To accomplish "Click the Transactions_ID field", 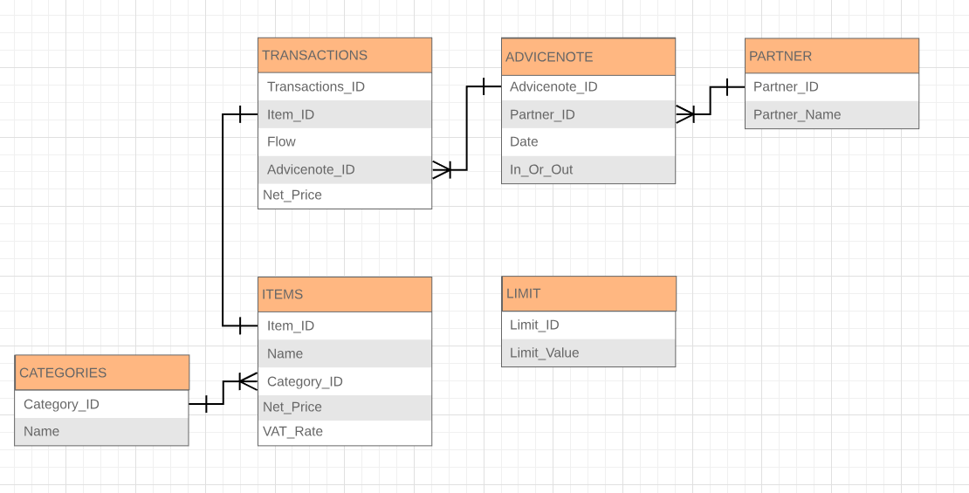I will (x=316, y=86).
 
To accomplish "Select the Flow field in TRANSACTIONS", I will (x=282, y=141).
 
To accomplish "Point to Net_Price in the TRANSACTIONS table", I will (x=292, y=195).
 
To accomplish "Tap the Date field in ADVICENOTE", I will (x=524, y=141).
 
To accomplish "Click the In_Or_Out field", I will (x=541, y=169).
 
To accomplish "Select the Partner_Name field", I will (x=797, y=114).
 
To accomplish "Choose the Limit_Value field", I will (x=545, y=353).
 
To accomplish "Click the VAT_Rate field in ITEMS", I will (x=292, y=431).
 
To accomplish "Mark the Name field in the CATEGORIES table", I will (x=42, y=431).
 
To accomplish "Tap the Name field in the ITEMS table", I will (x=285, y=353).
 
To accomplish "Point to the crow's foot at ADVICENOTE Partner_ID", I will (x=685, y=114).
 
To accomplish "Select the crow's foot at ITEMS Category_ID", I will (x=248, y=381).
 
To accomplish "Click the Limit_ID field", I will (x=534, y=325).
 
